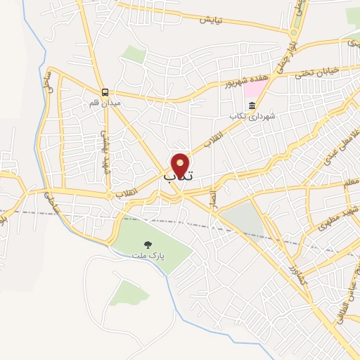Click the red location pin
coord(181,165)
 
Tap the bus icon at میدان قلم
coord(105,92)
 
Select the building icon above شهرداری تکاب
coord(252,106)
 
